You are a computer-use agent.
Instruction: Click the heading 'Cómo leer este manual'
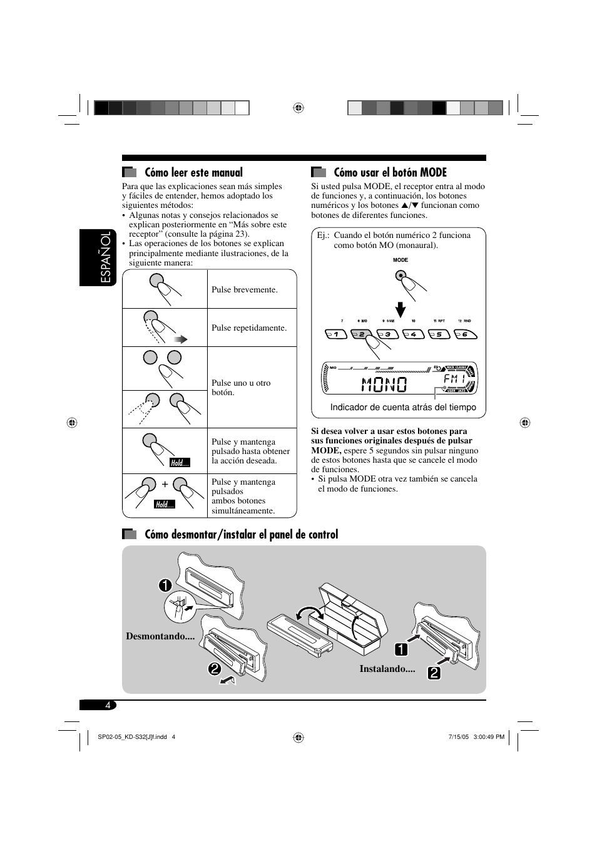[x=193, y=173]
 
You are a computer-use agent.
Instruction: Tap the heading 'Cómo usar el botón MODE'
[x=390, y=173]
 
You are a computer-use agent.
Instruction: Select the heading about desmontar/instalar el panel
[x=241, y=535]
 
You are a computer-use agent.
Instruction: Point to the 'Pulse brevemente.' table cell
[x=244, y=290]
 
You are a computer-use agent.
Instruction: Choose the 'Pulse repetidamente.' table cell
[x=249, y=328]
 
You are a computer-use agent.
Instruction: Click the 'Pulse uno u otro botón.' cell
[x=241, y=388]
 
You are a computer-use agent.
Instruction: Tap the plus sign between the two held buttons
[x=165, y=484]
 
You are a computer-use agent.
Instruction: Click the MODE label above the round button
[x=401, y=260]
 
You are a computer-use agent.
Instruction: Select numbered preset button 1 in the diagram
[x=336, y=334]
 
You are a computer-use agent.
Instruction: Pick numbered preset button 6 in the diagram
[x=465, y=334]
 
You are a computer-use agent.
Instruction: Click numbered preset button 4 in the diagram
[x=413, y=334]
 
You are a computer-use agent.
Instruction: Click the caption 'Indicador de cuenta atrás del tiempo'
[x=403, y=408]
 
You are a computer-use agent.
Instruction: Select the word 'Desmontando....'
[x=160, y=636]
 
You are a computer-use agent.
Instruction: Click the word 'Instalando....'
[x=387, y=669]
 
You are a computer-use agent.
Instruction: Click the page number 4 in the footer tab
[x=108, y=705]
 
